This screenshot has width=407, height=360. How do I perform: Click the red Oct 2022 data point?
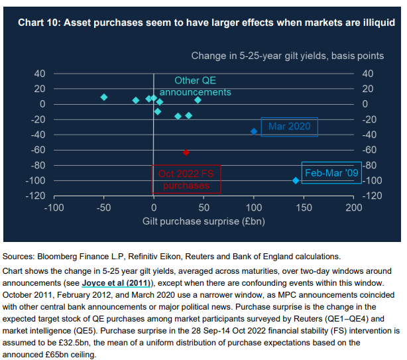[x=186, y=152]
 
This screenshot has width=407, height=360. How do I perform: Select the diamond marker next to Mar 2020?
[x=254, y=131]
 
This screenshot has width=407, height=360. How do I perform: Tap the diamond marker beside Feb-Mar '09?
[x=296, y=180]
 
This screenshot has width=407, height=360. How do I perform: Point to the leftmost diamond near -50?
[x=104, y=97]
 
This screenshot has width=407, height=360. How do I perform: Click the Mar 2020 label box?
[x=290, y=126]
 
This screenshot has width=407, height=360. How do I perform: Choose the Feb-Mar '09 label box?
[x=331, y=172]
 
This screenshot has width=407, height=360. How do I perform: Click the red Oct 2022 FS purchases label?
[x=186, y=179]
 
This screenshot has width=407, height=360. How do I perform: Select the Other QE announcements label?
[x=195, y=86]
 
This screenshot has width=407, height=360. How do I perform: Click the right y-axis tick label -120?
[x=373, y=196]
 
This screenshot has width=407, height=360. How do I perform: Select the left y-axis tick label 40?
[x=39, y=74]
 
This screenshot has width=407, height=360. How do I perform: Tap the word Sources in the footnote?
[x=19, y=256]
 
